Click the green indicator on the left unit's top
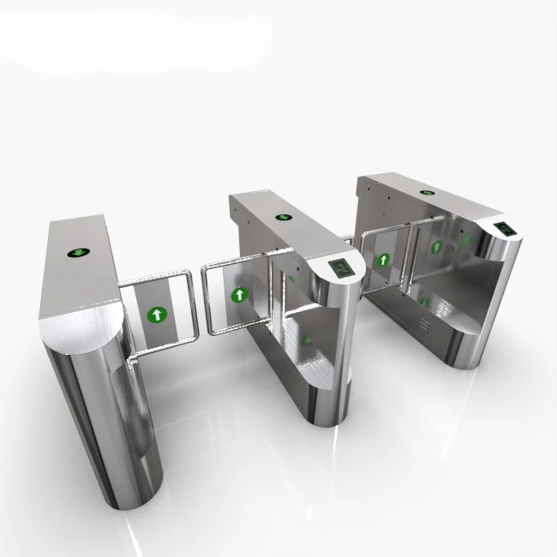80,252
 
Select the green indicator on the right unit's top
427,192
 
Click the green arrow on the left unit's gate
155,314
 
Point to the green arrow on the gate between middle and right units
383,258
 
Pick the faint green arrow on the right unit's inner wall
435,247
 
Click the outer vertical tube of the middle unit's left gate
205,300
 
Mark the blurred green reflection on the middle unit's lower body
305,339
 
